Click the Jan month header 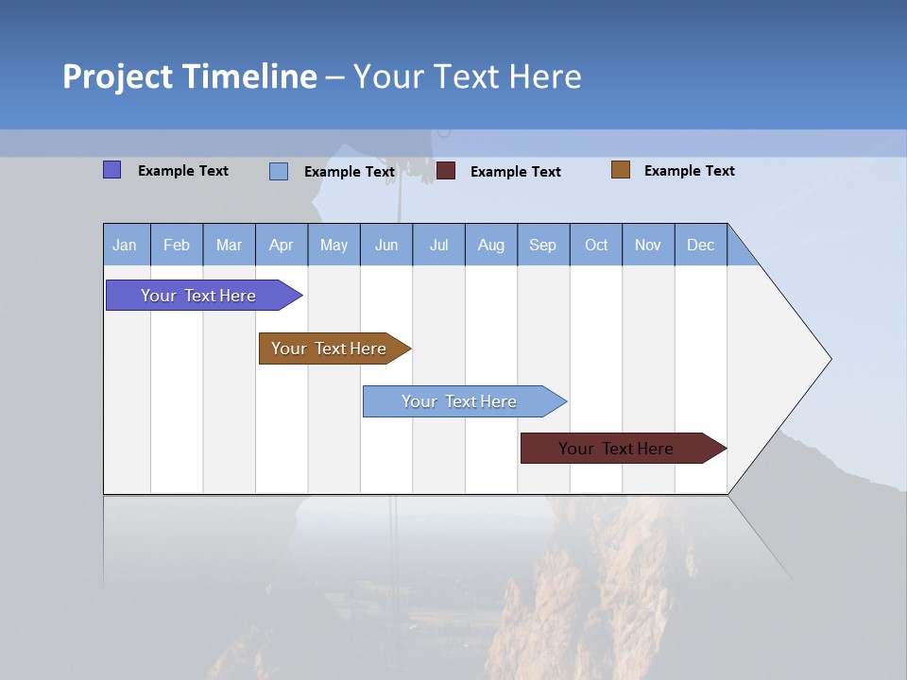(x=126, y=245)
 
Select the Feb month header (x=177, y=245)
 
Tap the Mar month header (x=229, y=245)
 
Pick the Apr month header (x=282, y=245)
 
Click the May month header (x=334, y=245)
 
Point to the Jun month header (x=386, y=245)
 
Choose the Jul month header (x=439, y=245)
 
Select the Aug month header (x=491, y=245)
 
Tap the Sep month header (x=543, y=245)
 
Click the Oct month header (x=596, y=245)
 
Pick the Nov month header (x=648, y=245)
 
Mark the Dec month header (x=701, y=245)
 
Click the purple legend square (x=112, y=170)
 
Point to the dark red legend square (x=446, y=171)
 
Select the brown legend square (x=621, y=170)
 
